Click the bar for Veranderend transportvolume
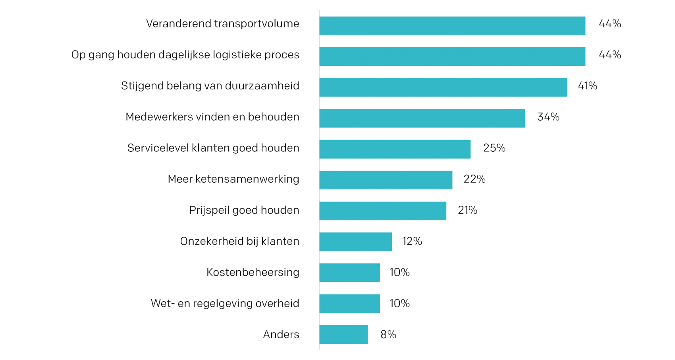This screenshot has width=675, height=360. tap(452, 26)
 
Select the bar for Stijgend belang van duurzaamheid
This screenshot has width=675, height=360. tap(443, 87)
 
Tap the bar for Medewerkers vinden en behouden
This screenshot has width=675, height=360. tap(422, 118)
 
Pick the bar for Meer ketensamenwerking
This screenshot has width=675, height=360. tap(386, 180)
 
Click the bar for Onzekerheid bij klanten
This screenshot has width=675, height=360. tap(355, 242)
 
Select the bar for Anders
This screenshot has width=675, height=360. tap(343, 335)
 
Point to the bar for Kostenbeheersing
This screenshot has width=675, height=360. tap(349, 273)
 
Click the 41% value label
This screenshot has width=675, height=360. tap(587, 86)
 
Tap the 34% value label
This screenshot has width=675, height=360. tap(548, 117)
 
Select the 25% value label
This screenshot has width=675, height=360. tap(494, 148)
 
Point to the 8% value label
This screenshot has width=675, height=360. tap(388, 335)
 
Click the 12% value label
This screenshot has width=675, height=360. tap(412, 241)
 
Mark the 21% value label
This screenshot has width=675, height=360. tap(467, 210)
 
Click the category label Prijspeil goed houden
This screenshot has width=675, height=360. tap(244, 210)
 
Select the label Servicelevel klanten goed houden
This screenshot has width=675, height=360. tap(213, 148)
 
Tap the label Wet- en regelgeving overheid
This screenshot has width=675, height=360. tap(225, 304)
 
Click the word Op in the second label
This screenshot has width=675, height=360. tap(78, 55)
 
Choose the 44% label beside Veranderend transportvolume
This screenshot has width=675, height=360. tap(609, 24)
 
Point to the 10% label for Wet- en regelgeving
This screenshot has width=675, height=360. tap(399, 304)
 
